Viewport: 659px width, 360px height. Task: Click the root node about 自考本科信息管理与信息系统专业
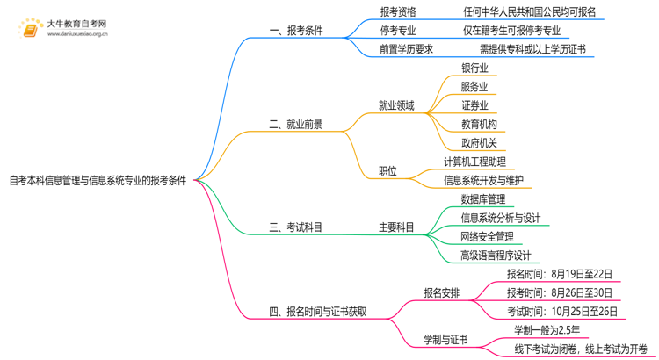(98, 181)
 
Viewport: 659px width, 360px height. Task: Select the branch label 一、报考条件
(296, 31)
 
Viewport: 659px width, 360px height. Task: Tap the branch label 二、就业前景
(295, 125)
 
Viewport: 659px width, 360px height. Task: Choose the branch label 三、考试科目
(295, 227)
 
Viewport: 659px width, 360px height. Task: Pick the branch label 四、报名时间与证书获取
(317, 312)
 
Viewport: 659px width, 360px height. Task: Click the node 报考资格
(398, 12)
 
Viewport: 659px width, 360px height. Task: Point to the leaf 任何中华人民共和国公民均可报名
(530, 12)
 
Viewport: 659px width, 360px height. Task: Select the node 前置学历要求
(406, 49)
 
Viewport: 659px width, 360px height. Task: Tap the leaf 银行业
(474, 68)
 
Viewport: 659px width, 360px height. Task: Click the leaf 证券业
(474, 105)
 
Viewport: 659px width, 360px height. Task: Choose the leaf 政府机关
(479, 143)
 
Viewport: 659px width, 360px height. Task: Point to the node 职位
(387, 171)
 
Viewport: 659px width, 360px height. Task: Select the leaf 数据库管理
(483, 199)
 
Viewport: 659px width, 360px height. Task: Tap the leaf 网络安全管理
(487, 237)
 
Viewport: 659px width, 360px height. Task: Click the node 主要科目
(396, 227)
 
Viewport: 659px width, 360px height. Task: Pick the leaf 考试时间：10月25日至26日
(561, 312)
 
